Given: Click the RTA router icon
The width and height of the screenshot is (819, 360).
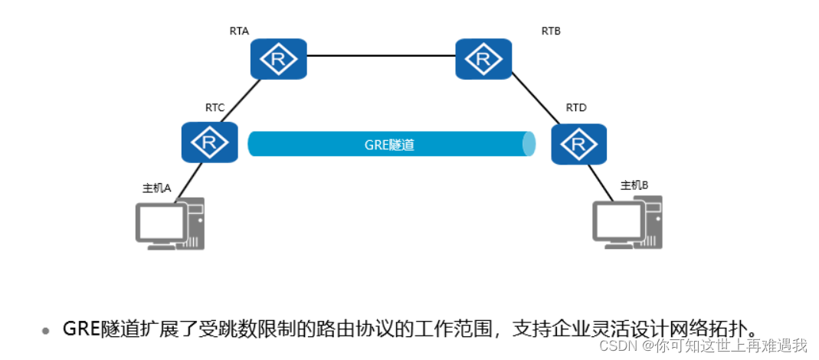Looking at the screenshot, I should (x=278, y=59).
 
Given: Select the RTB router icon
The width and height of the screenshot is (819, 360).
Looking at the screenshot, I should (x=483, y=59).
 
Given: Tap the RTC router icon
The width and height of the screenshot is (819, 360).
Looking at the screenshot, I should (x=209, y=142).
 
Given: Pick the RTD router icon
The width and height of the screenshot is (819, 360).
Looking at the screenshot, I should (x=578, y=143).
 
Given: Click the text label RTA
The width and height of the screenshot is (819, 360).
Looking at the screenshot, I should (x=239, y=31).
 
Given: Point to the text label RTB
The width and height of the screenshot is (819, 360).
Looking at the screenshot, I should (x=551, y=31).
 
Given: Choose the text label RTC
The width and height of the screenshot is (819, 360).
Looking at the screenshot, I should (x=215, y=108).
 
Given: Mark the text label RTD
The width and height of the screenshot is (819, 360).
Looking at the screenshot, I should (x=576, y=108).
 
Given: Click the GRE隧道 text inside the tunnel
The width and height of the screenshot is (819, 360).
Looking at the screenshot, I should (x=389, y=145).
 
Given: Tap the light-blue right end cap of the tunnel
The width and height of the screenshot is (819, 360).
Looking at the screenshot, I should (x=529, y=145).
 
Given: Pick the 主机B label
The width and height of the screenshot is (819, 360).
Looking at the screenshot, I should (x=634, y=185).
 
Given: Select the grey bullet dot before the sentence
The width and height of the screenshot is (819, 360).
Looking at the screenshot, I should (x=46, y=331).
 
